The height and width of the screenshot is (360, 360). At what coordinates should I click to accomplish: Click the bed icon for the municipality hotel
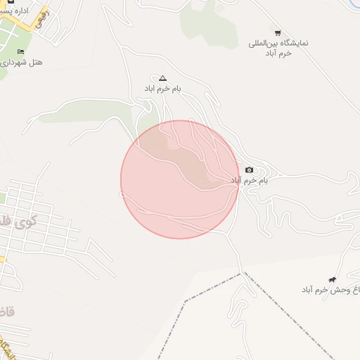pos(20,51)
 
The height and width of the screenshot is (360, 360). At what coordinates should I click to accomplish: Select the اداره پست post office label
pos(20,11)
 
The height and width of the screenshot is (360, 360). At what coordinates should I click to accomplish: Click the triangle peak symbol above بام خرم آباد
pos(163,78)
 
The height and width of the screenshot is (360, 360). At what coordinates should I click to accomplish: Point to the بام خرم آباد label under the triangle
pos(163,89)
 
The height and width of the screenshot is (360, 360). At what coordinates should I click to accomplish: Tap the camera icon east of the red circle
pos(250,169)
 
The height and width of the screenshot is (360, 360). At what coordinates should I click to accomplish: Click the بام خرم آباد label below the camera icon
pos(250,181)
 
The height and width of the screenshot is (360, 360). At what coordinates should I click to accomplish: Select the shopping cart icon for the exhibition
pos(278,32)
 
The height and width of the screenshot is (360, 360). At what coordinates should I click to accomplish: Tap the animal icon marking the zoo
pos(332,279)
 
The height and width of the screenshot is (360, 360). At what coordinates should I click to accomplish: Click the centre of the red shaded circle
pos(179,179)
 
